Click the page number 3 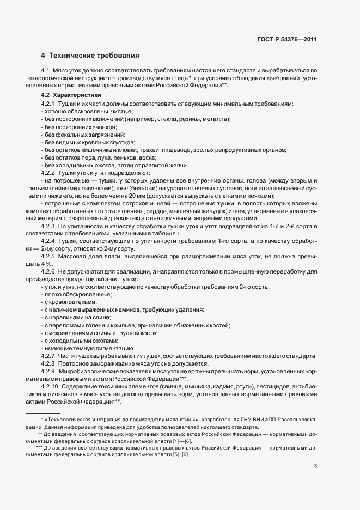pyautogui.click(x=316, y=466)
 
